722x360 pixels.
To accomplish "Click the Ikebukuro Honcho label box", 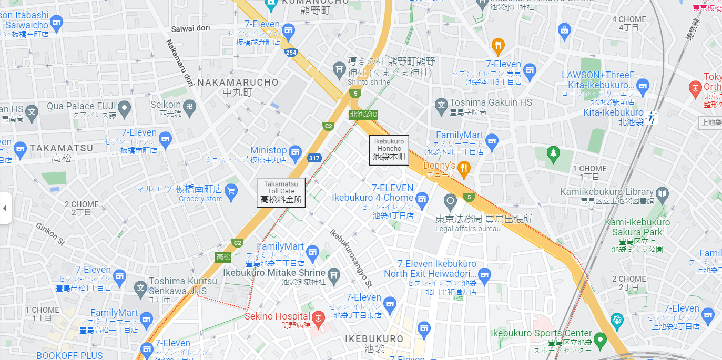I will click(389, 150).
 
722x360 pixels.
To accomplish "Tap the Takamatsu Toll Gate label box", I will click(281, 192).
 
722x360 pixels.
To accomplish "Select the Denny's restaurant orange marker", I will click(463, 169).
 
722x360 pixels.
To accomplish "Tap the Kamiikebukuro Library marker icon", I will click(662, 194).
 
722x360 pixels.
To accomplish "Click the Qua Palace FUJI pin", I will click(125, 109).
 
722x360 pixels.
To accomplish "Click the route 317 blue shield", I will click(314, 158).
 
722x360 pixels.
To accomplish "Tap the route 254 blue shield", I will click(290, 53).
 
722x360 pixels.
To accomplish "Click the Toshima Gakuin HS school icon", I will click(442, 105).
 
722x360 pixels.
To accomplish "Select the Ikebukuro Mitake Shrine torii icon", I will click(333, 275).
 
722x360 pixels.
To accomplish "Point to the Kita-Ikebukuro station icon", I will click(652, 118).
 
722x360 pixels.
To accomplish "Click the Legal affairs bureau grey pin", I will click(450, 201).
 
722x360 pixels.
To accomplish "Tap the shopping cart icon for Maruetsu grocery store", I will click(230, 190).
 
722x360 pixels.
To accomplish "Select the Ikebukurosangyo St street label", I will click(351, 257).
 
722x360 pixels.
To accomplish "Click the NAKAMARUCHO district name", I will click(238, 83).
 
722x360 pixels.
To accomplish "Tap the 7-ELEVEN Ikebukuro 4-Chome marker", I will click(422, 199).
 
